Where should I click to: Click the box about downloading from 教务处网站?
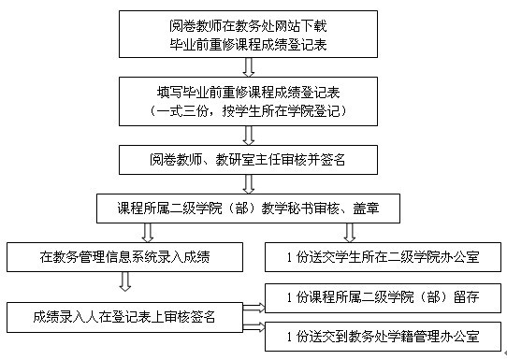coord(248,34)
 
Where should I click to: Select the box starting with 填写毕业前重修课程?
coord(248,100)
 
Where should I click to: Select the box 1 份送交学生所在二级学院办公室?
coord(386,256)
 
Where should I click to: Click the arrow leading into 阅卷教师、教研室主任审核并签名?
coord(248,133)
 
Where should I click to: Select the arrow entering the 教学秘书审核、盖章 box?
coord(248,184)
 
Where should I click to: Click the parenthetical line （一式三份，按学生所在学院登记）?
coord(248,110)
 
